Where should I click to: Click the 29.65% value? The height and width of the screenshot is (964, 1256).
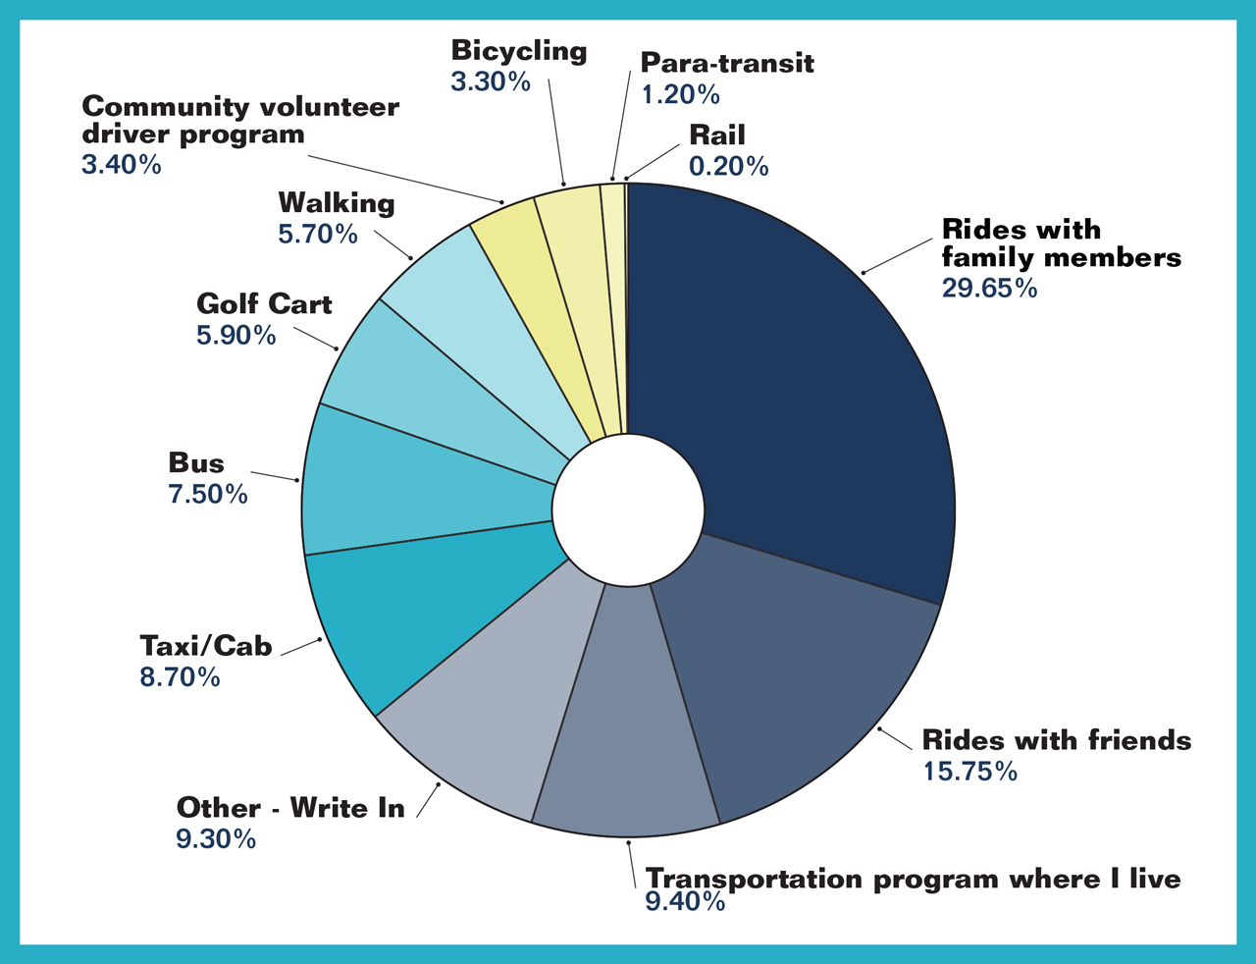[x=989, y=288]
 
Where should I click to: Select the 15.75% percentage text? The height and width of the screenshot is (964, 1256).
[x=969, y=771]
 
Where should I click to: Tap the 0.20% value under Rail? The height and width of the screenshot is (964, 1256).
[x=728, y=166]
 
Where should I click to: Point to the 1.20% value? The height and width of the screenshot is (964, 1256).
[x=680, y=94]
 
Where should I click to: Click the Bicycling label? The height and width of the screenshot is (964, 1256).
[x=519, y=51]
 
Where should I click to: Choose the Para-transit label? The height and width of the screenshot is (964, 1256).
[x=727, y=63]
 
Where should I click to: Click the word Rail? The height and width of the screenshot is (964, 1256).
[x=716, y=135]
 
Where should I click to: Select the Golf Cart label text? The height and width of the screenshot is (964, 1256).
[x=264, y=304]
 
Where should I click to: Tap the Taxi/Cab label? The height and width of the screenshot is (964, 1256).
[x=206, y=646]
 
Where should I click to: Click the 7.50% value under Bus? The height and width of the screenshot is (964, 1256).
[x=208, y=494]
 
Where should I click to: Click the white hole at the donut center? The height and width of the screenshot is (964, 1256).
[x=628, y=509]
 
